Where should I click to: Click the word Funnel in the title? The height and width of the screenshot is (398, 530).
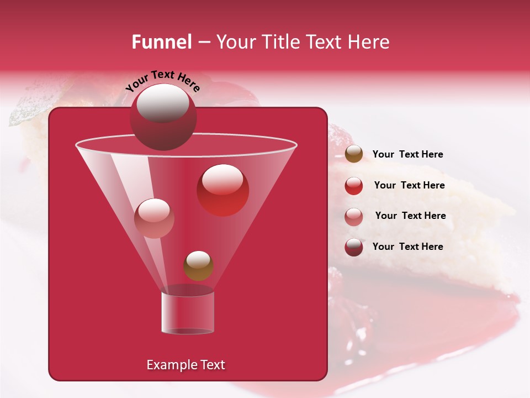click(161, 42)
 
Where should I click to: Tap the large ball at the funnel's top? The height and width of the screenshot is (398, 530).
click(163, 117)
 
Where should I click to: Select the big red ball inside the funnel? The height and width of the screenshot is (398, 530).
click(223, 190)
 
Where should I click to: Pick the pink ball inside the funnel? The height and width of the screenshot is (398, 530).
click(154, 218)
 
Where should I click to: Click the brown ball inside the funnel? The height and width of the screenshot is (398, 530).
click(198, 266)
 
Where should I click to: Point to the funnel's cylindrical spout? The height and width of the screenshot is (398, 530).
click(187, 313)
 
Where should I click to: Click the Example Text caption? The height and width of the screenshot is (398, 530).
click(185, 365)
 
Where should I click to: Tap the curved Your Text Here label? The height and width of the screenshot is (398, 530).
click(163, 81)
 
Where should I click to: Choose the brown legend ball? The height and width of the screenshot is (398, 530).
click(354, 154)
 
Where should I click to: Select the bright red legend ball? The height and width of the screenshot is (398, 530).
click(354, 186)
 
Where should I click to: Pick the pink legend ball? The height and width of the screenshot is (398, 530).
click(354, 216)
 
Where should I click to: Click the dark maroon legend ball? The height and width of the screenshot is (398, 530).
click(354, 247)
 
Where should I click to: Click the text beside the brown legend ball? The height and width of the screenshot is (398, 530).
click(407, 155)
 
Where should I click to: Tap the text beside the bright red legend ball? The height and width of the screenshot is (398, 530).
click(409, 185)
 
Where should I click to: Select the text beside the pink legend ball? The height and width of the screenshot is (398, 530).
click(410, 216)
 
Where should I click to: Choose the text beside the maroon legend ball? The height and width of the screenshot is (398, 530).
click(407, 247)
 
